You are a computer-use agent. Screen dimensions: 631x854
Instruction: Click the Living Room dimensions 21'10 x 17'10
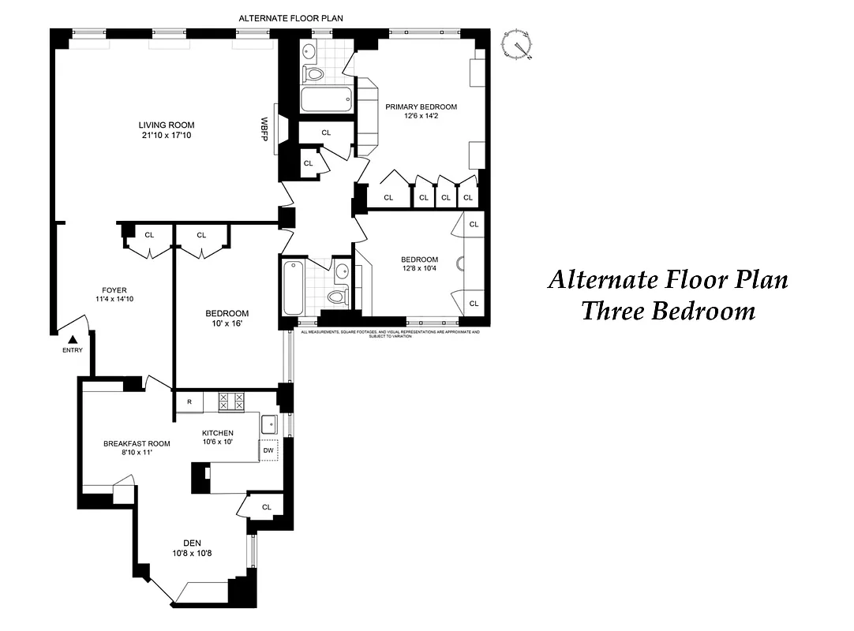pos(167,136)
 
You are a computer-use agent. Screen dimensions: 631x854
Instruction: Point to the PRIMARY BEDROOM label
pos(421,106)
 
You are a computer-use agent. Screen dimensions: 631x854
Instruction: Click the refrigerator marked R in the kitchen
pos(189,401)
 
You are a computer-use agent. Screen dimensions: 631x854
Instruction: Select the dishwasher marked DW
pos(268,450)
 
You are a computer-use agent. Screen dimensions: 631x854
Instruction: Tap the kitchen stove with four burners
pos(234,401)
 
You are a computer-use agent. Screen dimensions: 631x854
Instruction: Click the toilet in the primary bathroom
pos(314,74)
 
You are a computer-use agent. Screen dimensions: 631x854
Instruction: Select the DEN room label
pos(192,542)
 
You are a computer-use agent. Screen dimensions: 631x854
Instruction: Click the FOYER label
pos(114,289)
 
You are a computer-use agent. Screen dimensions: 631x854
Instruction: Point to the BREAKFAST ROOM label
pos(137,443)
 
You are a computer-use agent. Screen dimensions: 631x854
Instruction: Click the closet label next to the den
pos(266,507)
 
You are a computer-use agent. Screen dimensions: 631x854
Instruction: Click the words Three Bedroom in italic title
pos(668,311)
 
